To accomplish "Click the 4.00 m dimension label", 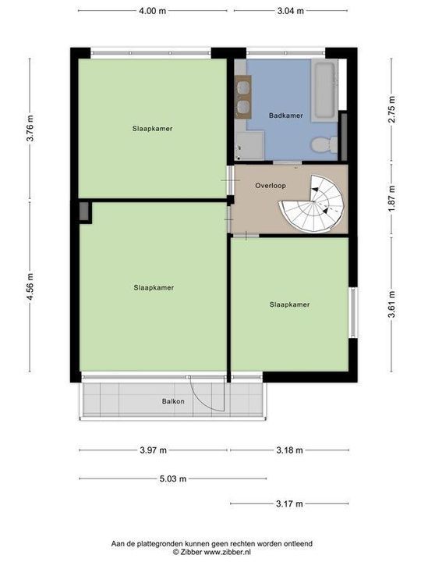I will [x=152, y=11].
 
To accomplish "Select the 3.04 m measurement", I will [x=289, y=11].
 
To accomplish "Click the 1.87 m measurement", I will [x=393, y=199].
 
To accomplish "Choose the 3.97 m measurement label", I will [x=154, y=450].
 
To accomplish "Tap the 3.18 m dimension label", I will [x=289, y=450].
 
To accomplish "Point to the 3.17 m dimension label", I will [x=289, y=503].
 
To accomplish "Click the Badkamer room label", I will [x=285, y=116].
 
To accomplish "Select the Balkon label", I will [x=173, y=401].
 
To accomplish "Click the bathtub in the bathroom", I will [x=324, y=87].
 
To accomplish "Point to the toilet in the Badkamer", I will [x=322, y=144].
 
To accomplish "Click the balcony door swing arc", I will [x=209, y=398].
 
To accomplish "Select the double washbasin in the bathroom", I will [x=242, y=97].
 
